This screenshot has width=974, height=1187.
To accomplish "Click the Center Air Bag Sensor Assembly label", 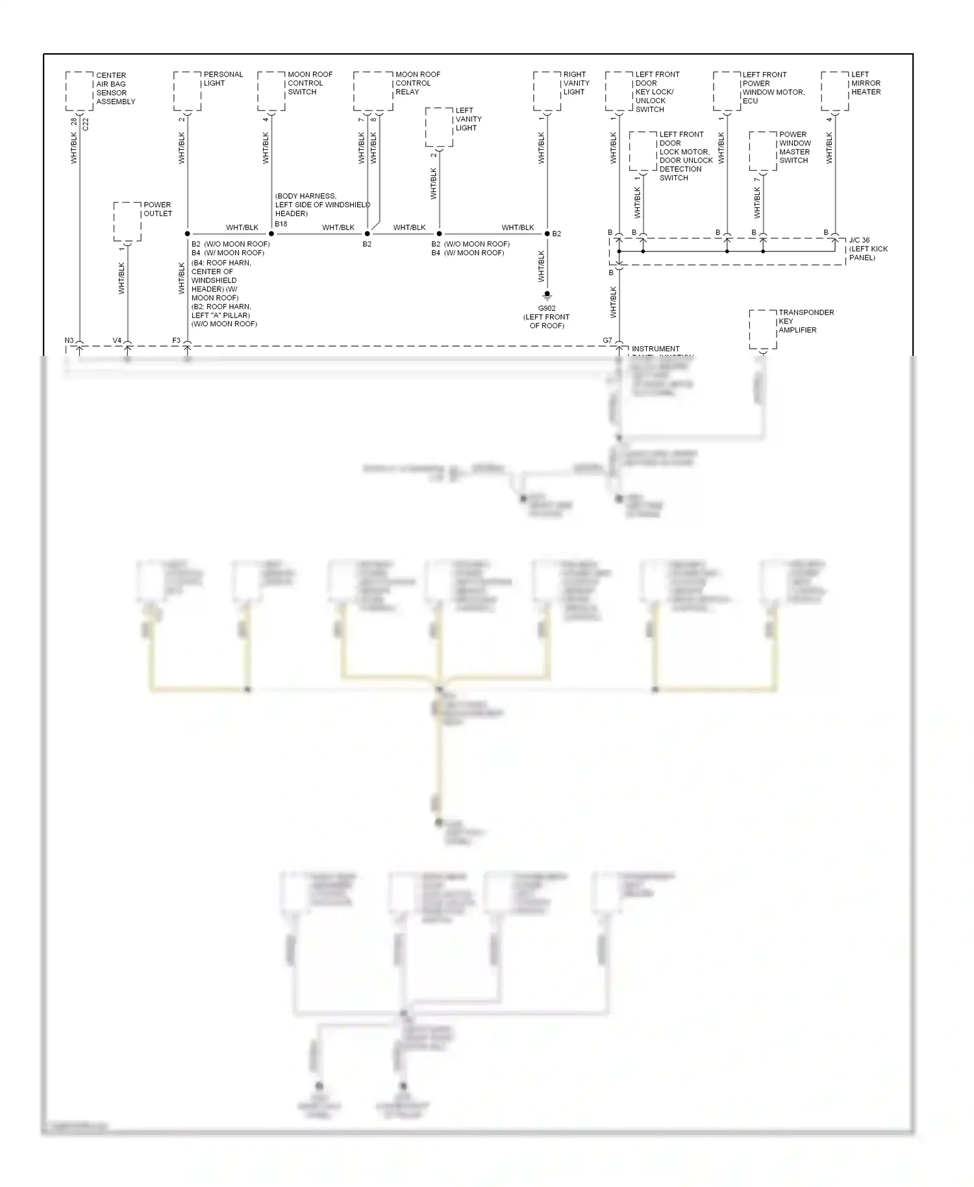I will (116, 88).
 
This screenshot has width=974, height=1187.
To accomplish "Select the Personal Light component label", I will (223, 79).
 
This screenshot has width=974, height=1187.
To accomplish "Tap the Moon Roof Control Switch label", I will (310, 83).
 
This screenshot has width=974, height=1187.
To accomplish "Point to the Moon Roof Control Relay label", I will (418, 83).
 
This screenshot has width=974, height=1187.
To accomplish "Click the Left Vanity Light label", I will (468, 119).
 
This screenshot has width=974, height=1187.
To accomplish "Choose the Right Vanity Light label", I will (576, 83).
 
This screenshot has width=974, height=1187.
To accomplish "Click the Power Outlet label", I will (158, 209).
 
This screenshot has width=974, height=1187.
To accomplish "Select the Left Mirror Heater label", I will (866, 83).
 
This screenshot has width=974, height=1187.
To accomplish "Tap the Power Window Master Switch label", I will (795, 147).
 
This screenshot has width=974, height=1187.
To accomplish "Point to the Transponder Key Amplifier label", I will (806, 321).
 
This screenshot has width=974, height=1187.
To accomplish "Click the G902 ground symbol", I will (547, 295).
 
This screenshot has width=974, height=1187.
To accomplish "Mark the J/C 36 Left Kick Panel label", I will (868, 249).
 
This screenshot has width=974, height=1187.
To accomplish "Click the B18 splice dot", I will (271, 234).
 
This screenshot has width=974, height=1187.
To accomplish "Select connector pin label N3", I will (69, 340).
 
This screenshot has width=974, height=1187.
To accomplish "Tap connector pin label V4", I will (117, 340).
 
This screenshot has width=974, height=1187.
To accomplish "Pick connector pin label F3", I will (176, 340).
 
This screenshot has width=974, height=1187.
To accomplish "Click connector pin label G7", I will (607, 340).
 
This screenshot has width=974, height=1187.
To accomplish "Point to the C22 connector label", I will (86, 124).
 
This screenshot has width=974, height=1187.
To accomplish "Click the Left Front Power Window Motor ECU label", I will (773, 88).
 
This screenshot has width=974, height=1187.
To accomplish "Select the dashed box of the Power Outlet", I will (127, 221).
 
